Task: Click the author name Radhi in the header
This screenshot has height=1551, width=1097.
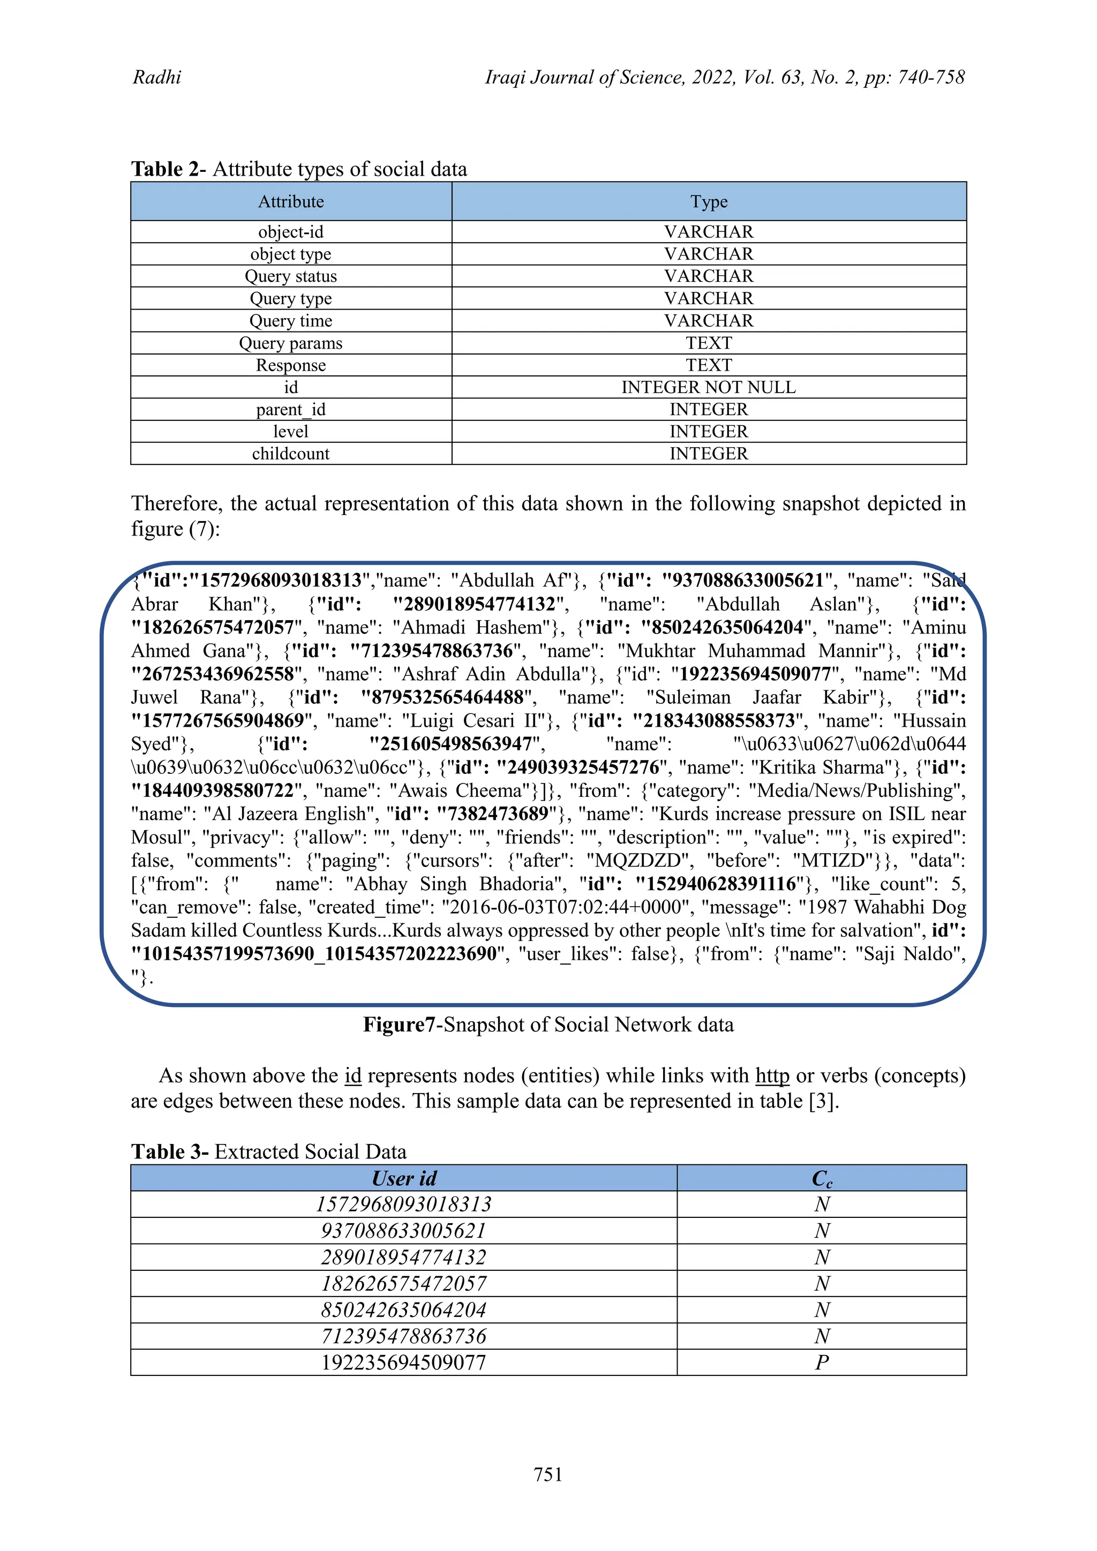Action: pyautogui.click(x=157, y=77)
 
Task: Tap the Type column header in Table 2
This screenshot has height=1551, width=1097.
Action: pyautogui.click(x=709, y=201)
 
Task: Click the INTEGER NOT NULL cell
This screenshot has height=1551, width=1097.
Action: pyautogui.click(x=709, y=387)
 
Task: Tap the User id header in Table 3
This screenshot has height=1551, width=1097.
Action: pyautogui.click(x=404, y=1179)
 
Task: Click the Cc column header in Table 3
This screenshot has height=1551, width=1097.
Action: pyautogui.click(x=821, y=1179)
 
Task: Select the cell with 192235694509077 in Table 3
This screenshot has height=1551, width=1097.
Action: pyautogui.click(x=404, y=1362)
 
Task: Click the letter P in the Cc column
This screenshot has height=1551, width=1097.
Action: pyautogui.click(x=821, y=1362)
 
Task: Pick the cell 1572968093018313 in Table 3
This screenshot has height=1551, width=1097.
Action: pyautogui.click(x=404, y=1204)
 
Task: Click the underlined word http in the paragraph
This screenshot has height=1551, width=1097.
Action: pyautogui.click(x=772, y=1075)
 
